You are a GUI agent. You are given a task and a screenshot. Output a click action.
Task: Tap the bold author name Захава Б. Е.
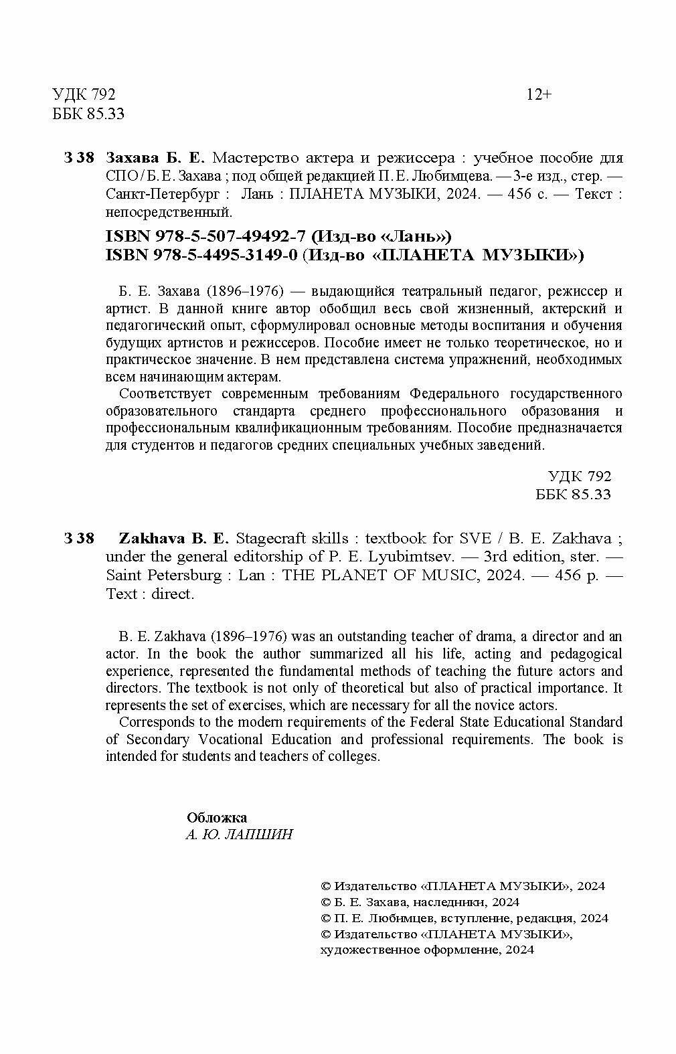point(158,159)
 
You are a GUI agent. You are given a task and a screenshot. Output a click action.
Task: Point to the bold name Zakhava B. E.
point(173,539)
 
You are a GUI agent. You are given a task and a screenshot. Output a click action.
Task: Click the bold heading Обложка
point(217,817)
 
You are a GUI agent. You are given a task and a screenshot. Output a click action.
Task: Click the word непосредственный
point(169,213)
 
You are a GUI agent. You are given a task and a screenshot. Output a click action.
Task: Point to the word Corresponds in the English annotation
point(156,722)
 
